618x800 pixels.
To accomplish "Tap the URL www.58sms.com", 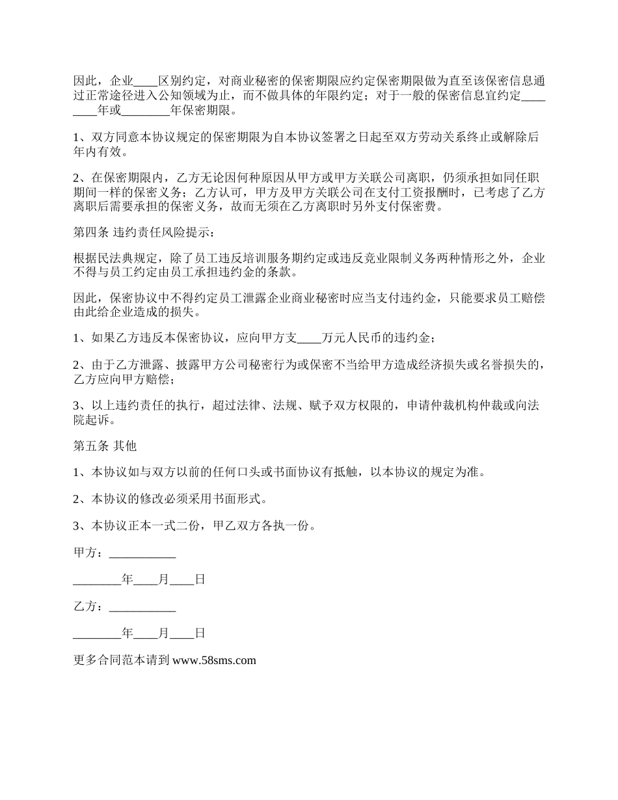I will coord(215,660).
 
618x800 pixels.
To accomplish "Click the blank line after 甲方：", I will coord(142,553).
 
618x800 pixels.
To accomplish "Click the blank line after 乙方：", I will coord(142,607).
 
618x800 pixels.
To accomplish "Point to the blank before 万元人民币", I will coord(309,338).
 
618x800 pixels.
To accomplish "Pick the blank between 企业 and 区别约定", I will coord(145,81).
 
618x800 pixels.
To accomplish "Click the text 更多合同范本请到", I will coord(122,660).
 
